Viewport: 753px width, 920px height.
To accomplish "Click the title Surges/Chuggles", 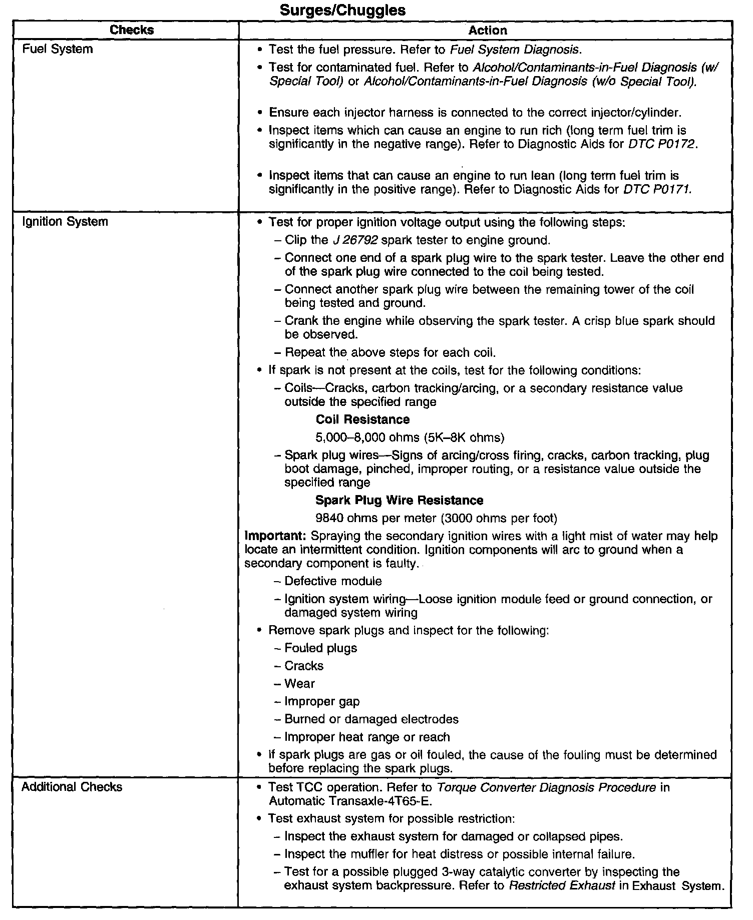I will click(342, 10).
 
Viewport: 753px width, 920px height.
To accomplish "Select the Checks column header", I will click(132, 30).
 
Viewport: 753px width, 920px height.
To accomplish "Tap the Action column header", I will click(488, 31).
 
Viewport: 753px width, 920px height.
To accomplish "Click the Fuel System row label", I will click(58, 49).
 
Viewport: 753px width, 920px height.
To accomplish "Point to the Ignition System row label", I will click(65, 221).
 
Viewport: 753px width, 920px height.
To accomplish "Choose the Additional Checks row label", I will click(72, 787).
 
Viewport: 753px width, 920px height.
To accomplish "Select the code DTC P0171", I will click(657, 190).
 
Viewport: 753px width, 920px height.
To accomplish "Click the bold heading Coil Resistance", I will click(362, 419).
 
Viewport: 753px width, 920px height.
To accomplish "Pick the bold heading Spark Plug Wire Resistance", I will click(399, 501).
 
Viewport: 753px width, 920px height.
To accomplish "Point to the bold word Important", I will click(275, 536).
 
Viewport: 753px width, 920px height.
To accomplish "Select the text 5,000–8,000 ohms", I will click(367, 438).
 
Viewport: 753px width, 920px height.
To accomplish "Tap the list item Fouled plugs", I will click(320, 648).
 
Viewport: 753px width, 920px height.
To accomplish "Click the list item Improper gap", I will click(322, 702).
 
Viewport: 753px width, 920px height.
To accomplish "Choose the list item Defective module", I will click(333, 581).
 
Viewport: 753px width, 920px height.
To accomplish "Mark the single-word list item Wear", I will click(299, 684).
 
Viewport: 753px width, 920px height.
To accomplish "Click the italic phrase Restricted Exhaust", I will click(562, 886).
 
